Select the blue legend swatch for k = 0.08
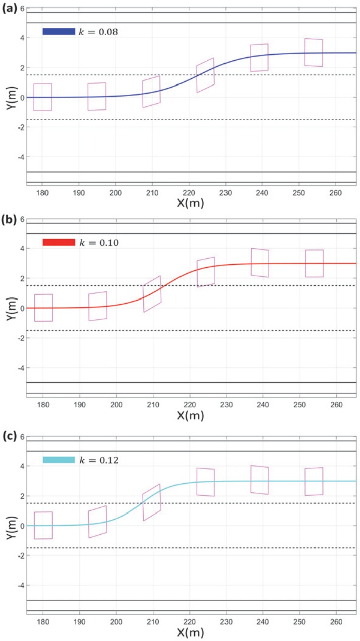[x=59, y=31]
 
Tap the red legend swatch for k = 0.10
[x=59, y=242]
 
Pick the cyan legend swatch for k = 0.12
[x=59, y=460]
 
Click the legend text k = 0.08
[x=98, y=32]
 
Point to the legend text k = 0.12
[x=98, y=460]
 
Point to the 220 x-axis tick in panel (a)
[x=189, y=193]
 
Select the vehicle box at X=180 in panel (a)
[x=42, y=97]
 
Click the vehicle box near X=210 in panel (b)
[x=152, y=294]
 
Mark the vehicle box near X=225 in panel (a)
[x=205, y=75]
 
